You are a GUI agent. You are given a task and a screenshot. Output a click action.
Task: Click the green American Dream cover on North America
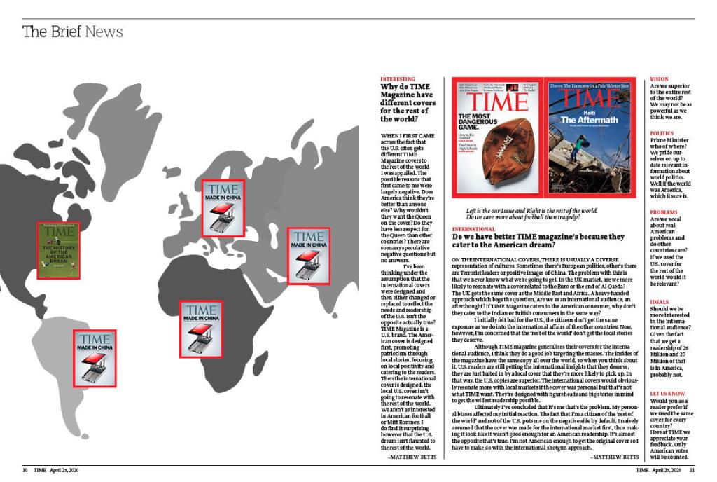tap(58, 250)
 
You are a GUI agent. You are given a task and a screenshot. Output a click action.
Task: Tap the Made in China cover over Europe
tap(223, 207)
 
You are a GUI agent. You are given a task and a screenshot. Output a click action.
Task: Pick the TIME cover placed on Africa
tap(201, 329)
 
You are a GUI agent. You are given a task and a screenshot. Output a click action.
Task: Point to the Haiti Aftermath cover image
tap(591, 135)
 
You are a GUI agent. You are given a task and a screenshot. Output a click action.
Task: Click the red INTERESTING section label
tap(397, 79)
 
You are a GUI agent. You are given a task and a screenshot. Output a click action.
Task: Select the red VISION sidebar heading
tap(659, 79)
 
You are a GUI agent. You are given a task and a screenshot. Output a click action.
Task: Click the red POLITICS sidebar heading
tap(662, 132)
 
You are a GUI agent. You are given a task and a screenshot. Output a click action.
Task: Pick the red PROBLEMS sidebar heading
tap(664, 212)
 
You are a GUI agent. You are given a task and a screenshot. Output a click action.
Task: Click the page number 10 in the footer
tap(25, 470)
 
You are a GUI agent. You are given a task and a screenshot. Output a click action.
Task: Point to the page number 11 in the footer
tap(692, 470)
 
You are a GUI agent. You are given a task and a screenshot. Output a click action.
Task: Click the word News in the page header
tap(104, 32)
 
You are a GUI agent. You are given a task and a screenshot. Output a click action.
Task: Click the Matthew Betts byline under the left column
tap(412, 456)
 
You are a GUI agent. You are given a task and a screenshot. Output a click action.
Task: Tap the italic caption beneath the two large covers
tap(532, 214)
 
